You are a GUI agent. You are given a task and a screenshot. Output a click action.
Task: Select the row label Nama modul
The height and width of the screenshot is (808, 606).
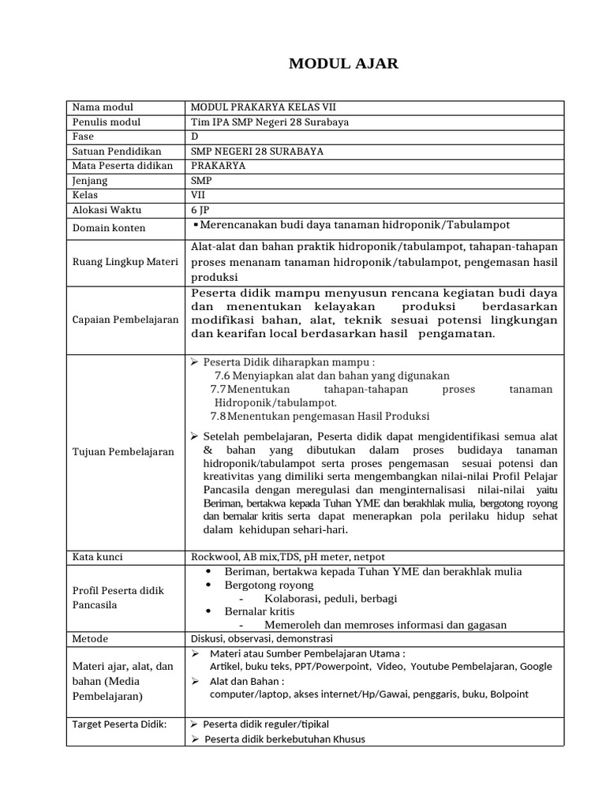(x=103, y=107)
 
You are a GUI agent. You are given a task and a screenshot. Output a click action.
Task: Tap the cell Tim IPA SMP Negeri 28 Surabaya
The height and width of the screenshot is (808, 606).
(x=270, y=122)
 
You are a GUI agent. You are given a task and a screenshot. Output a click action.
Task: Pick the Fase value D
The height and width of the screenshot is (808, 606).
(x=195, y=137)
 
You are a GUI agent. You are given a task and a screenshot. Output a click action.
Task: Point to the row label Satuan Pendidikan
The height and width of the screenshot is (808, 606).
(x=117, y=151)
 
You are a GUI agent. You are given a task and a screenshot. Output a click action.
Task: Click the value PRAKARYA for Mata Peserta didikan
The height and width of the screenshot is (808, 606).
(x=219, y=166)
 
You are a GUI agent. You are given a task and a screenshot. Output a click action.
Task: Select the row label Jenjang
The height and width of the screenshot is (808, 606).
(x=90, y=181)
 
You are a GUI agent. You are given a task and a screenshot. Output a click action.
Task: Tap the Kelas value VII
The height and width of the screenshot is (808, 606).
(x=197, y=195)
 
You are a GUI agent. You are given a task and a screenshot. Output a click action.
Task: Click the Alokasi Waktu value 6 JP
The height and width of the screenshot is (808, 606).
(x=200, y=210)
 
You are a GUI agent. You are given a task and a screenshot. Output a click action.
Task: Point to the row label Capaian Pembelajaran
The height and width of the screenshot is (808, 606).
(x=125, y=320)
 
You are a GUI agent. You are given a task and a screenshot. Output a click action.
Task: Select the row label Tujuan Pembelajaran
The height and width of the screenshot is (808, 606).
(x=123, y=452)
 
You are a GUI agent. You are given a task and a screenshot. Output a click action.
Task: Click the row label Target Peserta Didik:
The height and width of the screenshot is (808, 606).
(x=119, y=724)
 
